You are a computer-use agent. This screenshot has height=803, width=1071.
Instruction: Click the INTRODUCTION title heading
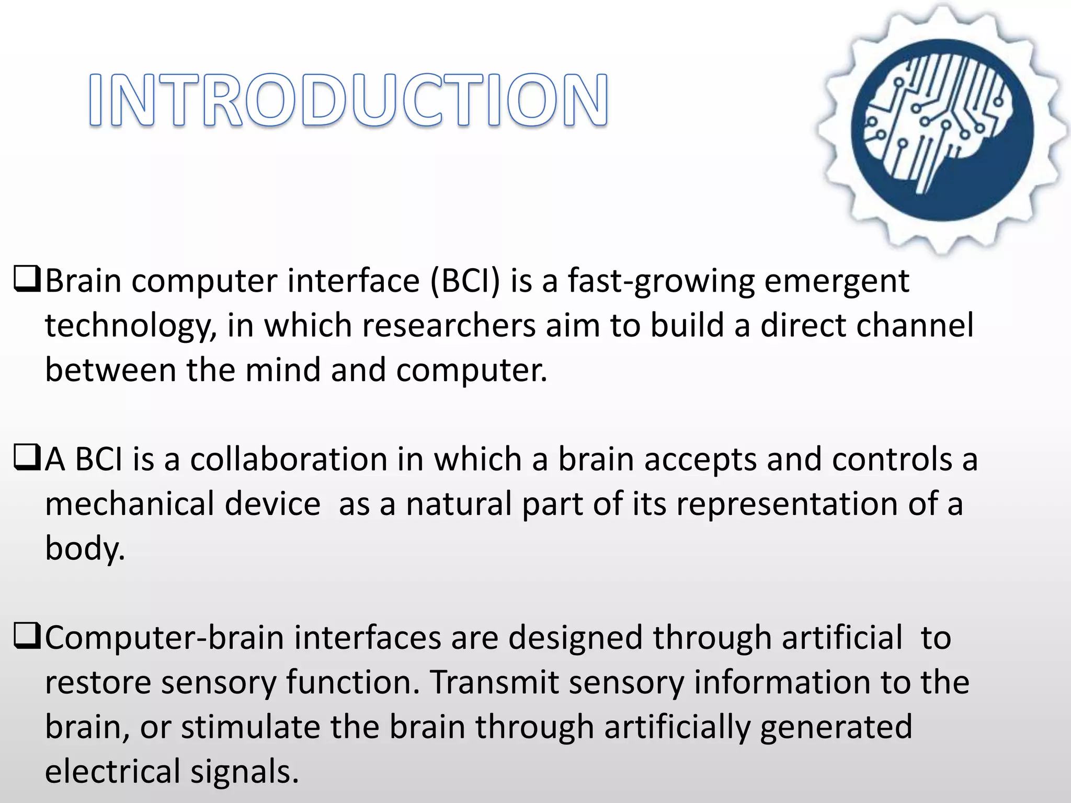pyautogui.click(x=348, y=100)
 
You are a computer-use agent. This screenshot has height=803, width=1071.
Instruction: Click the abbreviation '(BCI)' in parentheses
pyautogui.click(x=465, y=281)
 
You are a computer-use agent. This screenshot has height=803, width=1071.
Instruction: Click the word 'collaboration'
pyautogui.click(x=288, y=460)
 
